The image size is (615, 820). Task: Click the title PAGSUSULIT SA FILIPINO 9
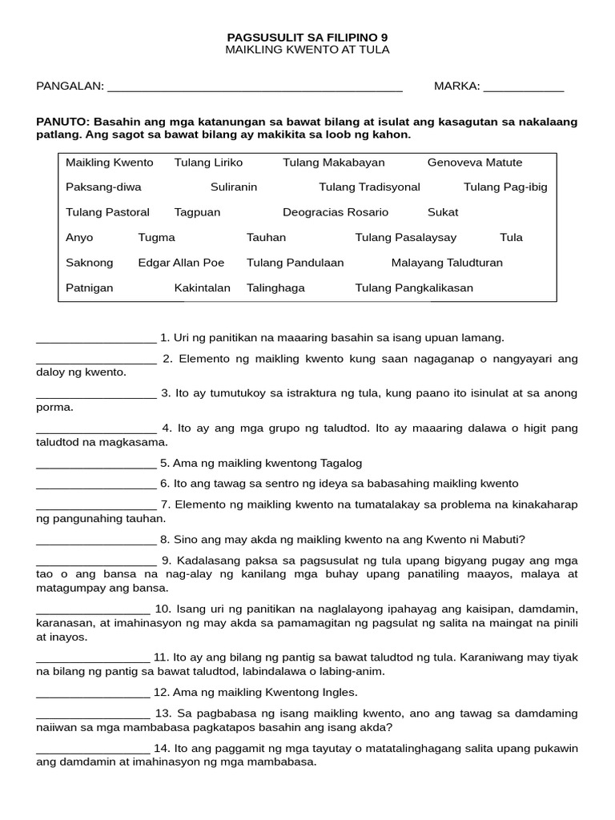[x=307, y=37]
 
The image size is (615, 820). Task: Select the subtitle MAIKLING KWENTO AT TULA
[x=307, y=50]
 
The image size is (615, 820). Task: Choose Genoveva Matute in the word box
[x=474, y=163]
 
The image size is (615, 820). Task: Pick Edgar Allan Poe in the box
[x=181, y=263]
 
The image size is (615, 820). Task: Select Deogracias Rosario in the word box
[x=336, y=212]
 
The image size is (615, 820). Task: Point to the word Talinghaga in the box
[x=275, y=287]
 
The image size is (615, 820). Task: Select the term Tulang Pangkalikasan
[x=414, y=287]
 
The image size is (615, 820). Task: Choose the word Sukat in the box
[x=443, y=212]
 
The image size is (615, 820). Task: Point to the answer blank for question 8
[x=96, y=540]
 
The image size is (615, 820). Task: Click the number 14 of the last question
[x=162, y=748]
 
